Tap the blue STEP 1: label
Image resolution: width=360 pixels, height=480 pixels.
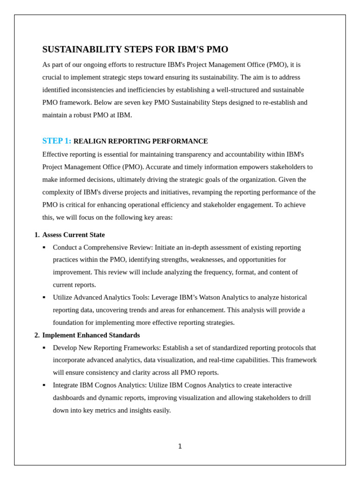point(57,141)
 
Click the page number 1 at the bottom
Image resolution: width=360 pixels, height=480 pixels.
point(180,446)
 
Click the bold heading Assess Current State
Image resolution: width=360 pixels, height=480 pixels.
point(74,235)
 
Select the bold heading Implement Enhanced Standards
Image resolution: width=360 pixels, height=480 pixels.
point(91,335)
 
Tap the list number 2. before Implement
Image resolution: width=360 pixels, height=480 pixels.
point(37,335)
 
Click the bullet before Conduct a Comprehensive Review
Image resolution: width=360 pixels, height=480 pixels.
point(44,247)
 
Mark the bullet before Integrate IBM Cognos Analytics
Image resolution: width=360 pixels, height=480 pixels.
point(44,385)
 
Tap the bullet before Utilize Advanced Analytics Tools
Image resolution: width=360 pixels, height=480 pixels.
point(44,298)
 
